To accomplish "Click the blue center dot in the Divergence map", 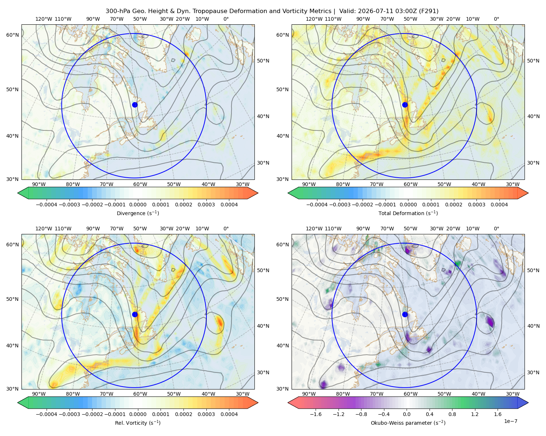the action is click(135, 105).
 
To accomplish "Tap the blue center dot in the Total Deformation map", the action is click(405, 105).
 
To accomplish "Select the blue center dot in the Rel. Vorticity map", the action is click(135, 314).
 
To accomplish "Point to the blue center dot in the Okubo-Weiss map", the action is click(405, 314).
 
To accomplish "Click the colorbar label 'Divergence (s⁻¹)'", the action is click(138, 213).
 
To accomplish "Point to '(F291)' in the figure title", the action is click(429, 11).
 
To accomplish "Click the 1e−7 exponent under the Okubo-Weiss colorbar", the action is click(510, 421).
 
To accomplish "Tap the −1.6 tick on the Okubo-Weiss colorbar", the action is click(316, 414).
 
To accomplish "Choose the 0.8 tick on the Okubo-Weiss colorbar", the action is click(452, 414).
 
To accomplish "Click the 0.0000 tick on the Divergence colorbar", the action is click(138, 205).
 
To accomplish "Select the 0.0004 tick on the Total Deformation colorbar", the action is click(499, 205).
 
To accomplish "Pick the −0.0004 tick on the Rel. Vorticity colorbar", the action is click(47, 414).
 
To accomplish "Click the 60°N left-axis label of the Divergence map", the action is click(12, 35).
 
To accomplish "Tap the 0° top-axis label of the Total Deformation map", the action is click(496, 19).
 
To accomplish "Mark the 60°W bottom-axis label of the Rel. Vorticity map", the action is click(140, 394).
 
